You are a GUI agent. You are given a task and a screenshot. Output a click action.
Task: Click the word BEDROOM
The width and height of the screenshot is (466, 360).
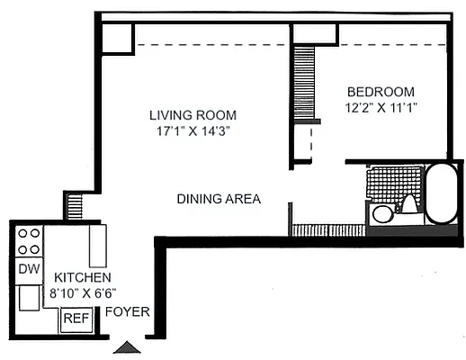coord(381,92)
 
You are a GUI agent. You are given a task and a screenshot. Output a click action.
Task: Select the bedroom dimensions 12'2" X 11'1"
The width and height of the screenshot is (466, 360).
coord(381,107)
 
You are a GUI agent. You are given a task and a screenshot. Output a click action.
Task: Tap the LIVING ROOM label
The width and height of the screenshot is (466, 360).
coord(193,115)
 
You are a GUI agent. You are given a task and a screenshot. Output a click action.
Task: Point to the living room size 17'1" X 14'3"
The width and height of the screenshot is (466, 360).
coord(193,131)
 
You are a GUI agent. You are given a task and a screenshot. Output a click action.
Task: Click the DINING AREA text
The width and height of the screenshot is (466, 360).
coord(219,199)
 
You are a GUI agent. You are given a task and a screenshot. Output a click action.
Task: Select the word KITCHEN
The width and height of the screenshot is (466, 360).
coord(83,278)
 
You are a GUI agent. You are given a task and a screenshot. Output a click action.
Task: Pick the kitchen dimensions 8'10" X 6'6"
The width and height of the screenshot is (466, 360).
coord(83,292)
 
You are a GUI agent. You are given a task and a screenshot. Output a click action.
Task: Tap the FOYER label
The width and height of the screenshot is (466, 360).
coord(127,313)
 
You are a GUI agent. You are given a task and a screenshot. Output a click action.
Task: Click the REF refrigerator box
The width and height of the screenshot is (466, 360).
coord(75,319)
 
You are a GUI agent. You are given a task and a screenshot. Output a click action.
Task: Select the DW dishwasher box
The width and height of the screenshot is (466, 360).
coord(28,269)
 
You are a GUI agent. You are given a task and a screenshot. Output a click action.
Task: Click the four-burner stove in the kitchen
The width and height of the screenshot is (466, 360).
coord(30,240)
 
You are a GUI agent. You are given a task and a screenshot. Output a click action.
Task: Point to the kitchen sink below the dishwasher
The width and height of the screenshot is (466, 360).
coord(29,296)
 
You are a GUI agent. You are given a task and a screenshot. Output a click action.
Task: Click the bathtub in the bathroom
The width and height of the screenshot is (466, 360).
coord(441,194)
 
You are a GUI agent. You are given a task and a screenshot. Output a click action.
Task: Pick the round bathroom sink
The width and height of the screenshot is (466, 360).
coord(382,214)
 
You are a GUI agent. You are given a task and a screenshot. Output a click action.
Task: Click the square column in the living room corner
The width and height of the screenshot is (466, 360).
coord(117,38)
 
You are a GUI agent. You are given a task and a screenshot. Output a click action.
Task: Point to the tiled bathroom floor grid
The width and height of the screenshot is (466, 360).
coord(391,183)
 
